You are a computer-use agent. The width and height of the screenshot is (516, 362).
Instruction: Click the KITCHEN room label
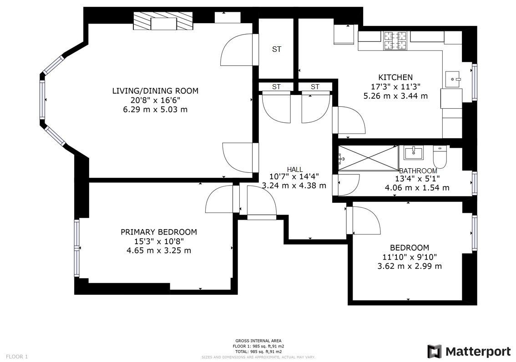click(x=395, y=77)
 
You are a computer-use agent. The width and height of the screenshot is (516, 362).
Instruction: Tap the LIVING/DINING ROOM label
click(x=155, y=91)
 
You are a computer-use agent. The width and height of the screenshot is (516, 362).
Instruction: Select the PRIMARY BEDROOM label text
click(x=158, y=232)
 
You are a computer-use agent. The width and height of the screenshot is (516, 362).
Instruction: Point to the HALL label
click(x=294, y=169)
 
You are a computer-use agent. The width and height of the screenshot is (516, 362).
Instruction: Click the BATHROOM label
click(x=418, y=171)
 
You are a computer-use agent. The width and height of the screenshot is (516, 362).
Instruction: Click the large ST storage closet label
click(x=277, y=50)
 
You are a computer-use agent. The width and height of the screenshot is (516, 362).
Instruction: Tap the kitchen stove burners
click(x=395, y=40)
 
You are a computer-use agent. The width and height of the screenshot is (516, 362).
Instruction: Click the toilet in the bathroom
click(x=440, y=157)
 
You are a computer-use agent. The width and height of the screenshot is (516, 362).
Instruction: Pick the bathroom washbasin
click(x=413, y=153)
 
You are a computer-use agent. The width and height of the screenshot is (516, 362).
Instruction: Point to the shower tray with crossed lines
click(x=368, y=158)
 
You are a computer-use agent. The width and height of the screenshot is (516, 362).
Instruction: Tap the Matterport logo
click(x=469, y=351)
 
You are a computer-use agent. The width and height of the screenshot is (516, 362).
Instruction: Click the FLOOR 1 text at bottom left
click(x=17, y=357)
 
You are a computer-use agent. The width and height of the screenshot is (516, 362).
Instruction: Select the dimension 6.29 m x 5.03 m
click(x=155, y=110)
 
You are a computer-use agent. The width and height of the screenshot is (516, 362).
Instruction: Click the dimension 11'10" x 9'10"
click(x=410, y=257)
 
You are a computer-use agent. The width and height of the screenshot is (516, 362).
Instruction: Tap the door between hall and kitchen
click(x=349, y=120)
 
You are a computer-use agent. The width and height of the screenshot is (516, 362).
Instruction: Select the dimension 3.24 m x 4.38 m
click(x=294, y=186)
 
